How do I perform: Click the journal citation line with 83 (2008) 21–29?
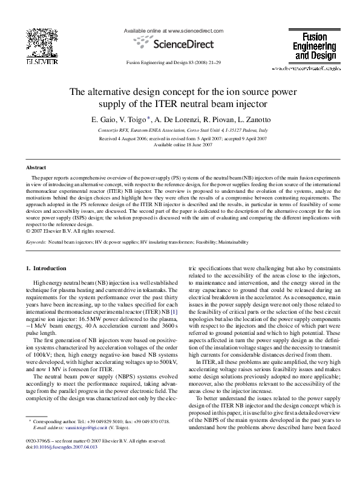(174, 62)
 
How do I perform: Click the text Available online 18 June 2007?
(180, 145)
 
